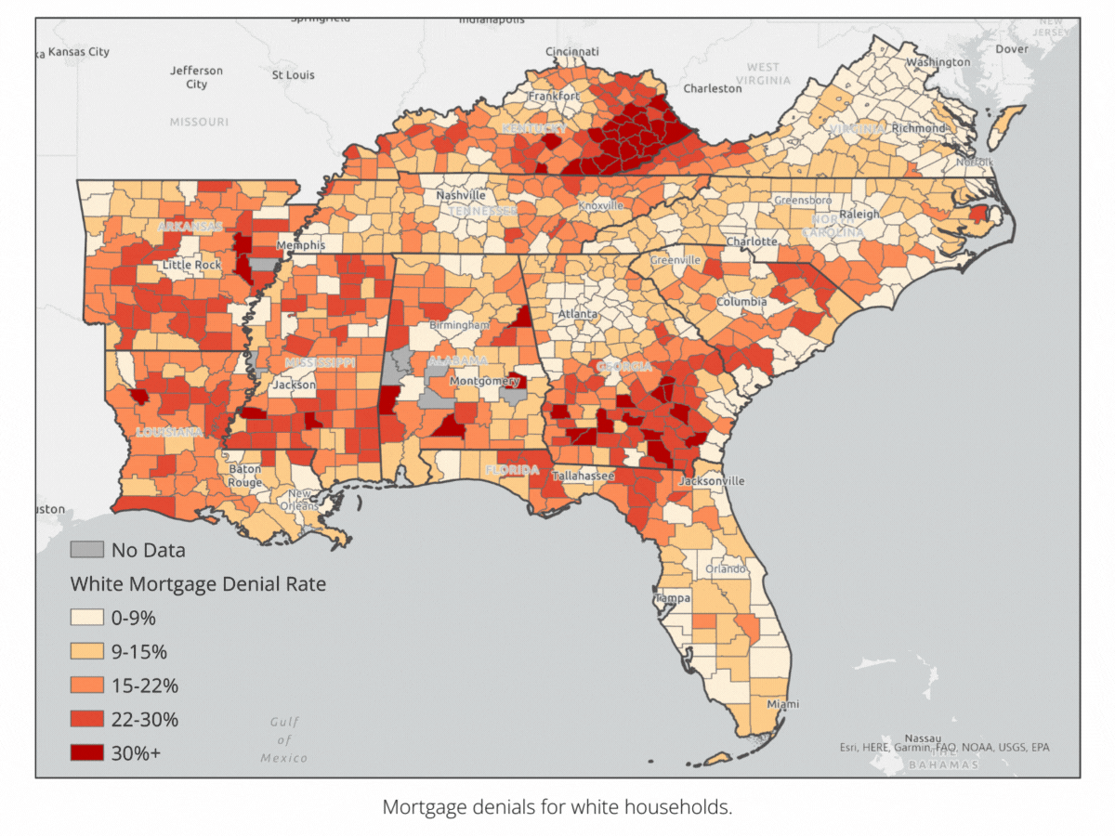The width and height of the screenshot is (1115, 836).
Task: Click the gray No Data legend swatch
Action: [86, 549]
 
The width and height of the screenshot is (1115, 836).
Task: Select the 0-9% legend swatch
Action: [86, 618]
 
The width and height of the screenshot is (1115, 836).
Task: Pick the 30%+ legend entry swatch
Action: [86, 752]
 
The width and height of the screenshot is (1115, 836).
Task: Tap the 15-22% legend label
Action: [144, 686]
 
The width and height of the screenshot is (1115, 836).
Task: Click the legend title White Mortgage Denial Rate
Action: [198, 584]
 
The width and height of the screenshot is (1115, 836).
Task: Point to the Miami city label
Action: [781, 704]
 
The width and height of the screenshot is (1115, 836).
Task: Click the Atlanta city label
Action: [577, 314]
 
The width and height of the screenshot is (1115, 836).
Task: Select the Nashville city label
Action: [461, 196]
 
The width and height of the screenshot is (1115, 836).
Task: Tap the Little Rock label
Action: [192, 265]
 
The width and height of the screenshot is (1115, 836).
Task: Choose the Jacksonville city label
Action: [712, 481]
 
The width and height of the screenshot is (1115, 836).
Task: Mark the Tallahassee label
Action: [584, 476]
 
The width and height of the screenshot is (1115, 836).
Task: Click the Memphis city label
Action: [306, 245]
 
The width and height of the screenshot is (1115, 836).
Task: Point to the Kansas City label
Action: [78, 52]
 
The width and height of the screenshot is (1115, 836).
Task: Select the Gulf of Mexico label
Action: [283, 739]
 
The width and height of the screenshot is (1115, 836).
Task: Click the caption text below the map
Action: [557, 806]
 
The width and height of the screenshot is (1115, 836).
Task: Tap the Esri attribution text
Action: [945, 747]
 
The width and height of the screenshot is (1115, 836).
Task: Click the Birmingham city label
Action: [459, 325]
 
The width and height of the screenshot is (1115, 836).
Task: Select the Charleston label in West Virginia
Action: [713, 88]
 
